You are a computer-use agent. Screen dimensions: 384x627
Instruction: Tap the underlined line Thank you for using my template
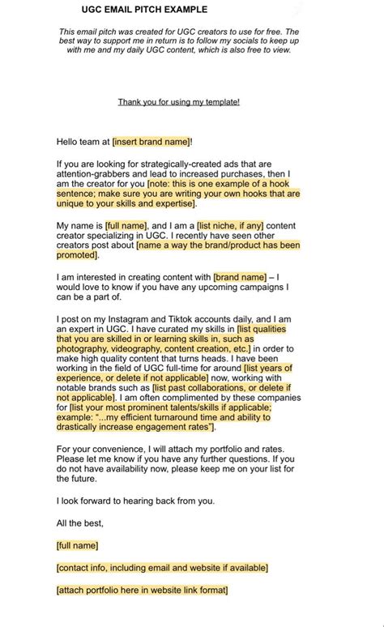(178, 102)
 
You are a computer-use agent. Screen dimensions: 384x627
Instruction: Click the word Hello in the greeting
(70, 142)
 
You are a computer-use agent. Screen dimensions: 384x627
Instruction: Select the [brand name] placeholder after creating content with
(240, 277)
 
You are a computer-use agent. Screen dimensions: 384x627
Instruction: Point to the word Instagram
(141, 320)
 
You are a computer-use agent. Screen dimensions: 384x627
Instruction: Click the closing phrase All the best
(80, 522)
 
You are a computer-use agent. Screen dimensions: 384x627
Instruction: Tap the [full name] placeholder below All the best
(77, 545)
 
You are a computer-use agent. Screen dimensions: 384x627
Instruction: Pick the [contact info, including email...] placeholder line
(162, 568)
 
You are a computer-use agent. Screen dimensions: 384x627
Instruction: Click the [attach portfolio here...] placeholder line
(142, 590)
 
